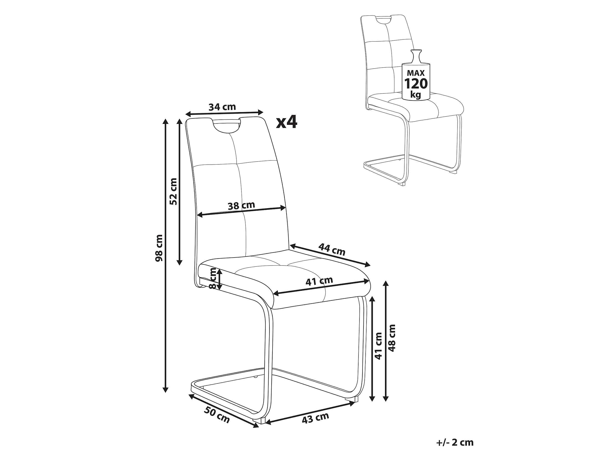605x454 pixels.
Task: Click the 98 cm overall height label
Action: [159, 248]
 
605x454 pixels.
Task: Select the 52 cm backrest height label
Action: [173, 191]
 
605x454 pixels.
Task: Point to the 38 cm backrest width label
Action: [242, 205]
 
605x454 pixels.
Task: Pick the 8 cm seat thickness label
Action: [212, 278]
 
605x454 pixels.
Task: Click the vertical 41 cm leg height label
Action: [378, 346]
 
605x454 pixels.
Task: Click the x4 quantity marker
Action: [287, 122]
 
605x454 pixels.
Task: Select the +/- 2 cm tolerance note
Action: [455, 442]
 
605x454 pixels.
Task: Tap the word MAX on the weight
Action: [416, 73]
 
